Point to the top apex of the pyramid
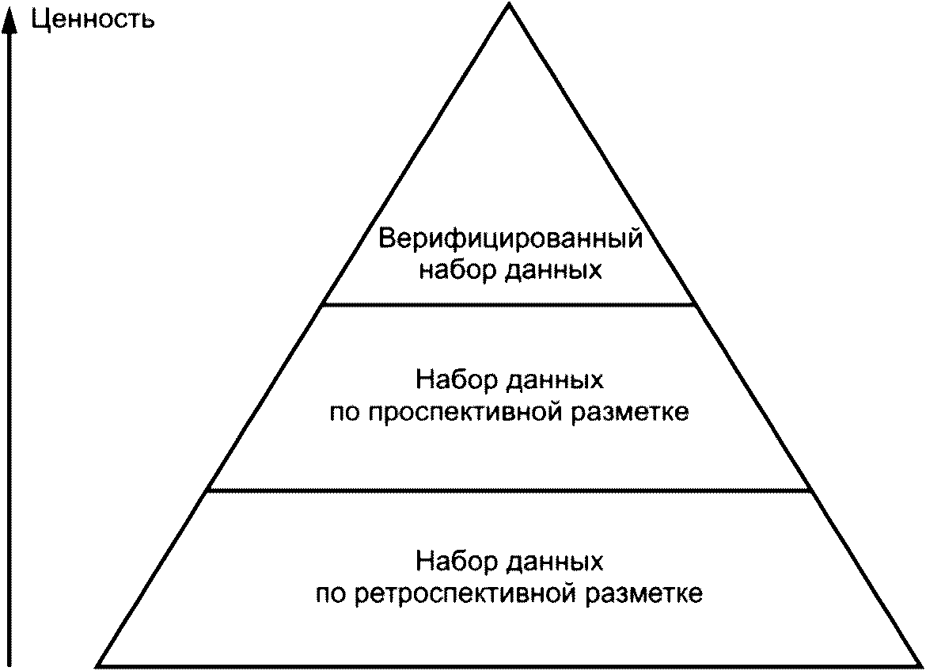[x=509, y=5]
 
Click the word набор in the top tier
[x=455, y=270]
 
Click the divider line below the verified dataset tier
[x=509, y=304]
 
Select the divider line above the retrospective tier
[x=509, y=490]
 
